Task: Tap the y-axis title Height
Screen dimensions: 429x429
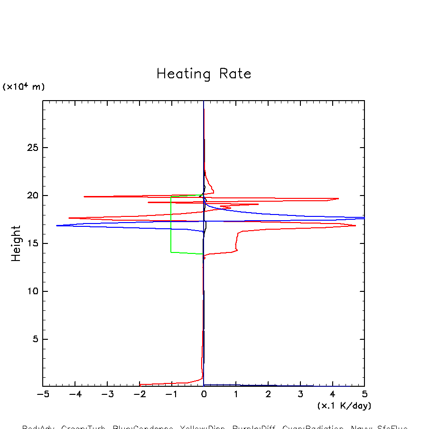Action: click(16, 243)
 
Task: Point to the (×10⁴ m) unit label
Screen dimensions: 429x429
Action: click(24, 87)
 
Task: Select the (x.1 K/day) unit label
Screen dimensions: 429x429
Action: click(344, 406)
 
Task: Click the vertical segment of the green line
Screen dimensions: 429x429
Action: click(171, 223)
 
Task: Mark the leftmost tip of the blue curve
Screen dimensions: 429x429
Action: click(56, 225)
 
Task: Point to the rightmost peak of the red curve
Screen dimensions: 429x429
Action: click(355, 225)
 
